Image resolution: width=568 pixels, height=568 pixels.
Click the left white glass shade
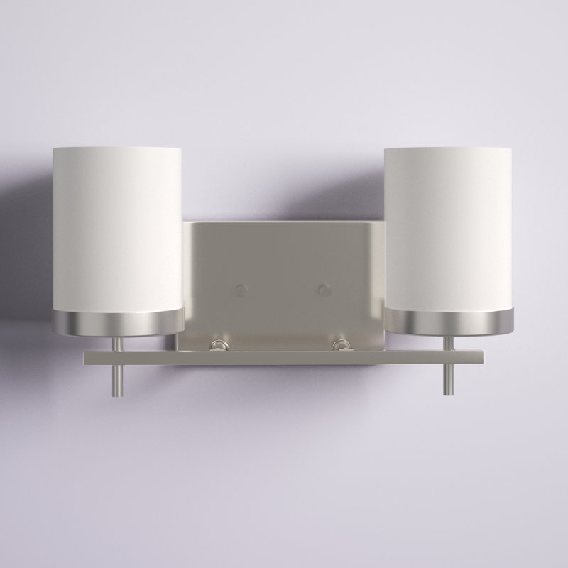(x=117, y=227)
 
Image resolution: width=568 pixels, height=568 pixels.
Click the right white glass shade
(x=449, y=227)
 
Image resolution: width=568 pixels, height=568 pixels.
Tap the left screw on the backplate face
(x=241, y=290)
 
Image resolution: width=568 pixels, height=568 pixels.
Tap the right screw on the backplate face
(x=325, y=290)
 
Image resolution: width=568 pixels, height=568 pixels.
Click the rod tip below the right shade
(x=448, y=389)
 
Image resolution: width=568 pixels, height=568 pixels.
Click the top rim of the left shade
(x=117, y=148)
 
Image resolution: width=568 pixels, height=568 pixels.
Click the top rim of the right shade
(x=449, y=148)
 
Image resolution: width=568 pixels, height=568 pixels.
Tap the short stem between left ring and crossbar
(x=118, y=342)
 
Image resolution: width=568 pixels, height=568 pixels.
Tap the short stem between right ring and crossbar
(x=448, y=342)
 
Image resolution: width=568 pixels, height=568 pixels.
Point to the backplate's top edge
(x=284, y=223)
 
